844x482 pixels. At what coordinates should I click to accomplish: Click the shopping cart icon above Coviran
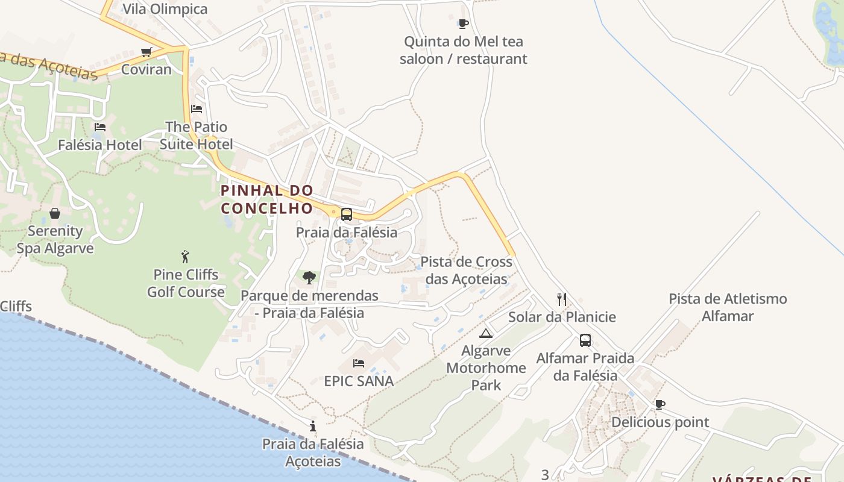click(146, 52)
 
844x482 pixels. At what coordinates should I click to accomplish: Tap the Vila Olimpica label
click(165, 9)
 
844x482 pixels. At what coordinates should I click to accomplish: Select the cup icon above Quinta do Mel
click(463, 24)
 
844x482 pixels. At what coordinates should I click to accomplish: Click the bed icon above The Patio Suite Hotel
click(197, 109)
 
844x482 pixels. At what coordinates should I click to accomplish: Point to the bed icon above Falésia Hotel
click(100, 127)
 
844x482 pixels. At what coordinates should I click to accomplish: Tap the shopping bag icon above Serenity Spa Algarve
click(55, 213)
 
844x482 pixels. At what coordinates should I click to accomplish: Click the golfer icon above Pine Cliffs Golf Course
click(185, 257)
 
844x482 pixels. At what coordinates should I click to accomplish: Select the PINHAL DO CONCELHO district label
click(267, 199)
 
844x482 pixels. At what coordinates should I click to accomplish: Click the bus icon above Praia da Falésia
click(347, 214)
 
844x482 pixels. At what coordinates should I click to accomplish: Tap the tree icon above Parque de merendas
click(309, 278)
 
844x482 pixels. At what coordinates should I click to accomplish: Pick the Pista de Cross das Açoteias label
click(466, 271)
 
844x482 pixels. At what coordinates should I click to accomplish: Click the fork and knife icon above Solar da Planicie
click(562, 299)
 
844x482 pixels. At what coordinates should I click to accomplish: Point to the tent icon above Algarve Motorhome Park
click(486, 333)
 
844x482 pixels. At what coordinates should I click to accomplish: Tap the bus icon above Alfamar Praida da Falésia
click(585, 340)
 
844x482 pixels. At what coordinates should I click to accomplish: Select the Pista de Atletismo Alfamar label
click(728, 307)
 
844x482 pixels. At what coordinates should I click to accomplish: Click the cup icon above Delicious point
click(660, 405)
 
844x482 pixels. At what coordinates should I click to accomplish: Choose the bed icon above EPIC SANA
click(359, 363)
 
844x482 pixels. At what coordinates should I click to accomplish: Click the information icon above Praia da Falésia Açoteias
click(313, 427)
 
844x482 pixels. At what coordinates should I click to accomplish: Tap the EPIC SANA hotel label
click(359, 381)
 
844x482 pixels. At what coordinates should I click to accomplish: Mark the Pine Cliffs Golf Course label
click(186, 283)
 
